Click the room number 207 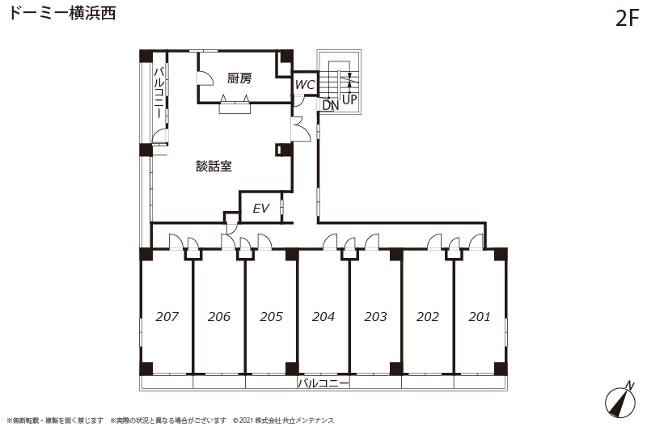167,316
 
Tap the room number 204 323,316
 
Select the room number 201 480,316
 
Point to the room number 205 271,316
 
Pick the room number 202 428,316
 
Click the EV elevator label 260,209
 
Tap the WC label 306,85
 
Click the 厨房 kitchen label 239,78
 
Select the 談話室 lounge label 214,167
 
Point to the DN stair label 331,105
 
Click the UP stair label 349,99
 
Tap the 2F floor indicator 628,18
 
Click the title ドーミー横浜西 62,13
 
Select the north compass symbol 621,399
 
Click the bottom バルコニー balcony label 323,383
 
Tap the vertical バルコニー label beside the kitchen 159,93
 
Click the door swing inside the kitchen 205,78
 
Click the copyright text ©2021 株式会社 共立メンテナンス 284,420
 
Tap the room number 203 375,316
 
